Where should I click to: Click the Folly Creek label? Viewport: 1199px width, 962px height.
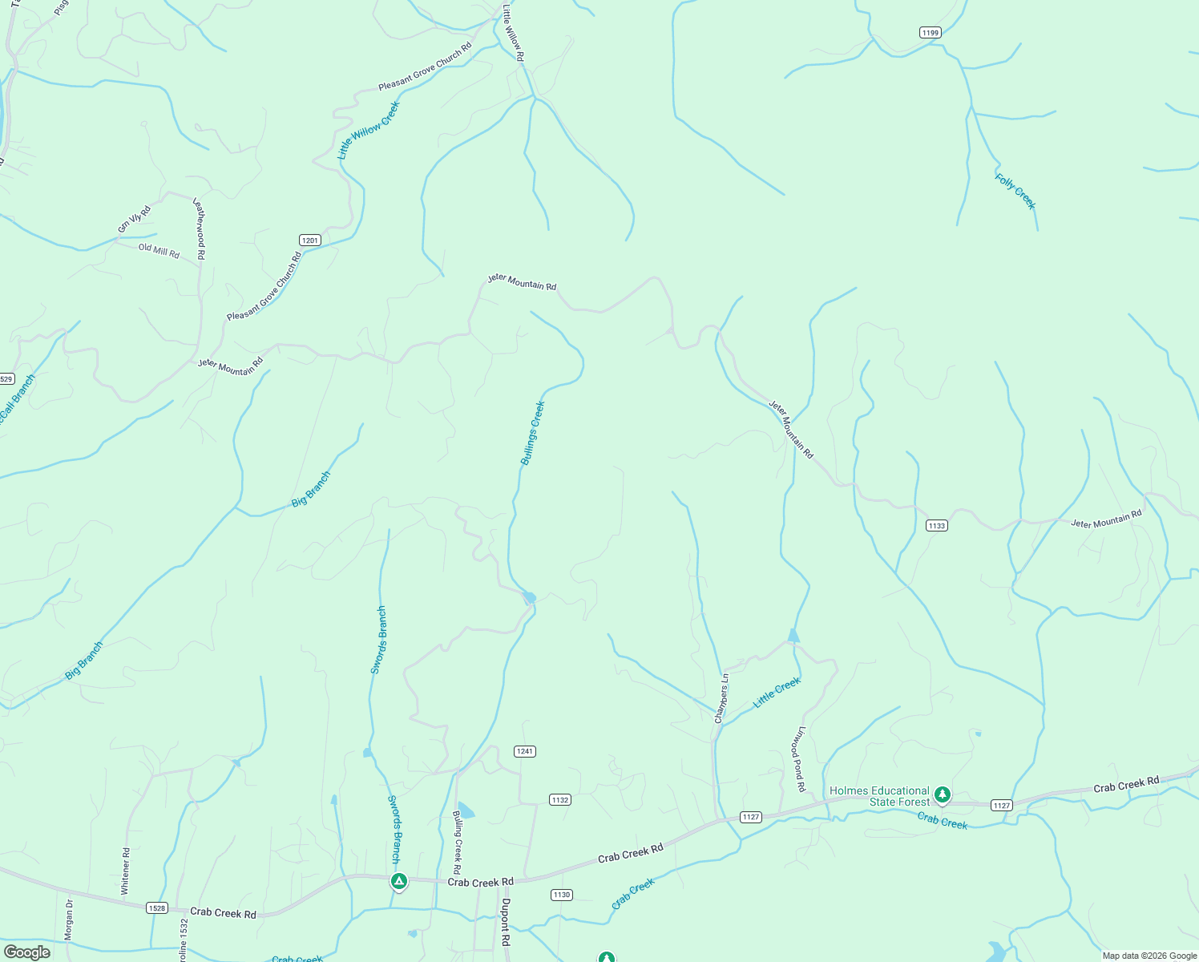pyautogui.click(x=1015, y=192)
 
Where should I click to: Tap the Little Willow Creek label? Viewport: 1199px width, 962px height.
pyautogui.click(x=368, y=130)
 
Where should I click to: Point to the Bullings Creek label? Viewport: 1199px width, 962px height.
pyautogui.click(x=532, y=433)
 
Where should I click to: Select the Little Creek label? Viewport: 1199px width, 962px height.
pyautogui.click(x=777, y=693)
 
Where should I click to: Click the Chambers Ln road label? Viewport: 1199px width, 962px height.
pyautogui.click(x=721, y=698)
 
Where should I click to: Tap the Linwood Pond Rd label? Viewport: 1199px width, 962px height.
pyautogui.click(x=800, y=759)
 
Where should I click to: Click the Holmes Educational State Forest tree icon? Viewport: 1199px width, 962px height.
pyautogui.click(x=943, y=794)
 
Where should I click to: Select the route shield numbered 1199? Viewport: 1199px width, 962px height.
pyautogui.click(x=930, y=32)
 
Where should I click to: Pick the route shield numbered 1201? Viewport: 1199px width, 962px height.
pyautogui.click(x=310, y=240)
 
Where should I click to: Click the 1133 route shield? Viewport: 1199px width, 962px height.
pyautogui.click(x=936, y=526)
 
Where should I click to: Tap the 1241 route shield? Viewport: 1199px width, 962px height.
pyautogui.click(x=525, y=751)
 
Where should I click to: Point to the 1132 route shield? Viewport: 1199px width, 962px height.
pyautogui.click(x=559, y=800)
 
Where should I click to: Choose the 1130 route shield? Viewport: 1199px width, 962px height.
pyautogui.click(x=561, y=895)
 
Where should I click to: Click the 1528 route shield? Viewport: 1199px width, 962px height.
pyautogui.click(x=157, y=907)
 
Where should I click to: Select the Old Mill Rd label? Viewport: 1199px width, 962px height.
pyautogui.click(x=159, y=251)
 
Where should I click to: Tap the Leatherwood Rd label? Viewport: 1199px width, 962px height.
pyautogui.click(x=200, y=228)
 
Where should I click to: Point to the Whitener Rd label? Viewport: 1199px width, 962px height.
pyautogui.click(x=125, y=871)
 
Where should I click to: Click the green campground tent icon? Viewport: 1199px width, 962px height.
pyautogui.click(x=399, y=881)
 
